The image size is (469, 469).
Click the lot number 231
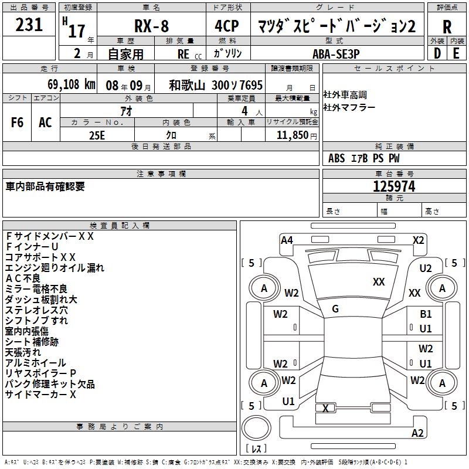[29, 25]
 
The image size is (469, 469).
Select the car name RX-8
[151, 26]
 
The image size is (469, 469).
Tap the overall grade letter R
[447, 27]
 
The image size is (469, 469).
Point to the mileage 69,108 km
[72, 84]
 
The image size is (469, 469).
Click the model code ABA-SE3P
[336, 54]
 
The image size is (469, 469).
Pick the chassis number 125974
[394, 186]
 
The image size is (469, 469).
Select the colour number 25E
[97, 135]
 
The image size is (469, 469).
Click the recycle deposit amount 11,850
[292, 135]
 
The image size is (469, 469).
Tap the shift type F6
[17, 123]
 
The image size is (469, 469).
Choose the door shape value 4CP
[227, 26]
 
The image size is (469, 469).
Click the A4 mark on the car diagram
[287, 240]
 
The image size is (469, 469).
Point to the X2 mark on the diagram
[418, 240]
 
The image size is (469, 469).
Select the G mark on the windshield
[335, 309]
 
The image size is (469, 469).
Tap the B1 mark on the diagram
[426, 314]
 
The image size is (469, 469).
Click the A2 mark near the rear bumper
[417, 433]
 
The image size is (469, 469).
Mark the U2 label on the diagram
[426, 269]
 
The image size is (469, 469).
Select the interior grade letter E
[456, 53]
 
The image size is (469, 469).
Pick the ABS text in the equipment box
[337, 158]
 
